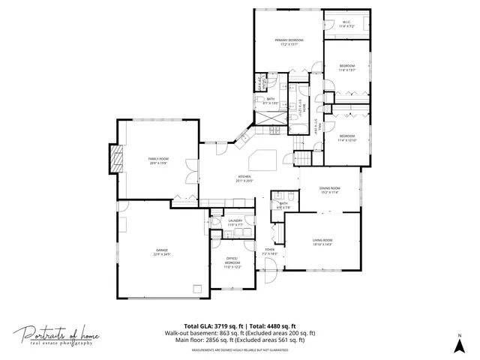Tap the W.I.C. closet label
point(346,23)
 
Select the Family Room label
point(158,160)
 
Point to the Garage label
point(162,252)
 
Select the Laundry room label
point(235,222)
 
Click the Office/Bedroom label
point(232,262)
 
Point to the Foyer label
point(270,252)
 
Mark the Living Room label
point(322,241)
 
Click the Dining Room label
point(330,190)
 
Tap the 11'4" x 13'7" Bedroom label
point(346,68)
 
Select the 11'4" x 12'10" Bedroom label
point(346,138)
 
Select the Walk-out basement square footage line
point(240,333)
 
